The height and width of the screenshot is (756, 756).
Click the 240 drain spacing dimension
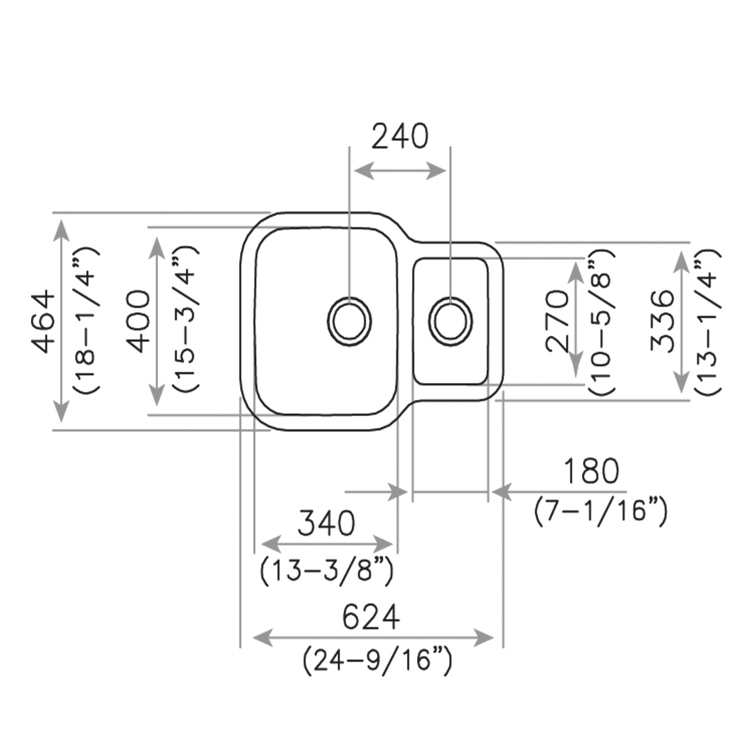pos(400,136)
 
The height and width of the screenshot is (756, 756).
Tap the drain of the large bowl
pos(349,321)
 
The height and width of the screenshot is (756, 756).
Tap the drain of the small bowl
pos(450,321)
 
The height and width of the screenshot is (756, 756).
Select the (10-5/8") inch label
pos(601,322)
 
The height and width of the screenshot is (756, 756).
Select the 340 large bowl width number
pos(326,524)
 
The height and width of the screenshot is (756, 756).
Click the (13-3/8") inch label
pos(326,571)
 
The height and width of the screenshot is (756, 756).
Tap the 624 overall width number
pos(371,617)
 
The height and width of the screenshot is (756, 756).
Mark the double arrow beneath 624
pos(372,637)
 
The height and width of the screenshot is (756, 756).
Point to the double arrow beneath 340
pos(327,545)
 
